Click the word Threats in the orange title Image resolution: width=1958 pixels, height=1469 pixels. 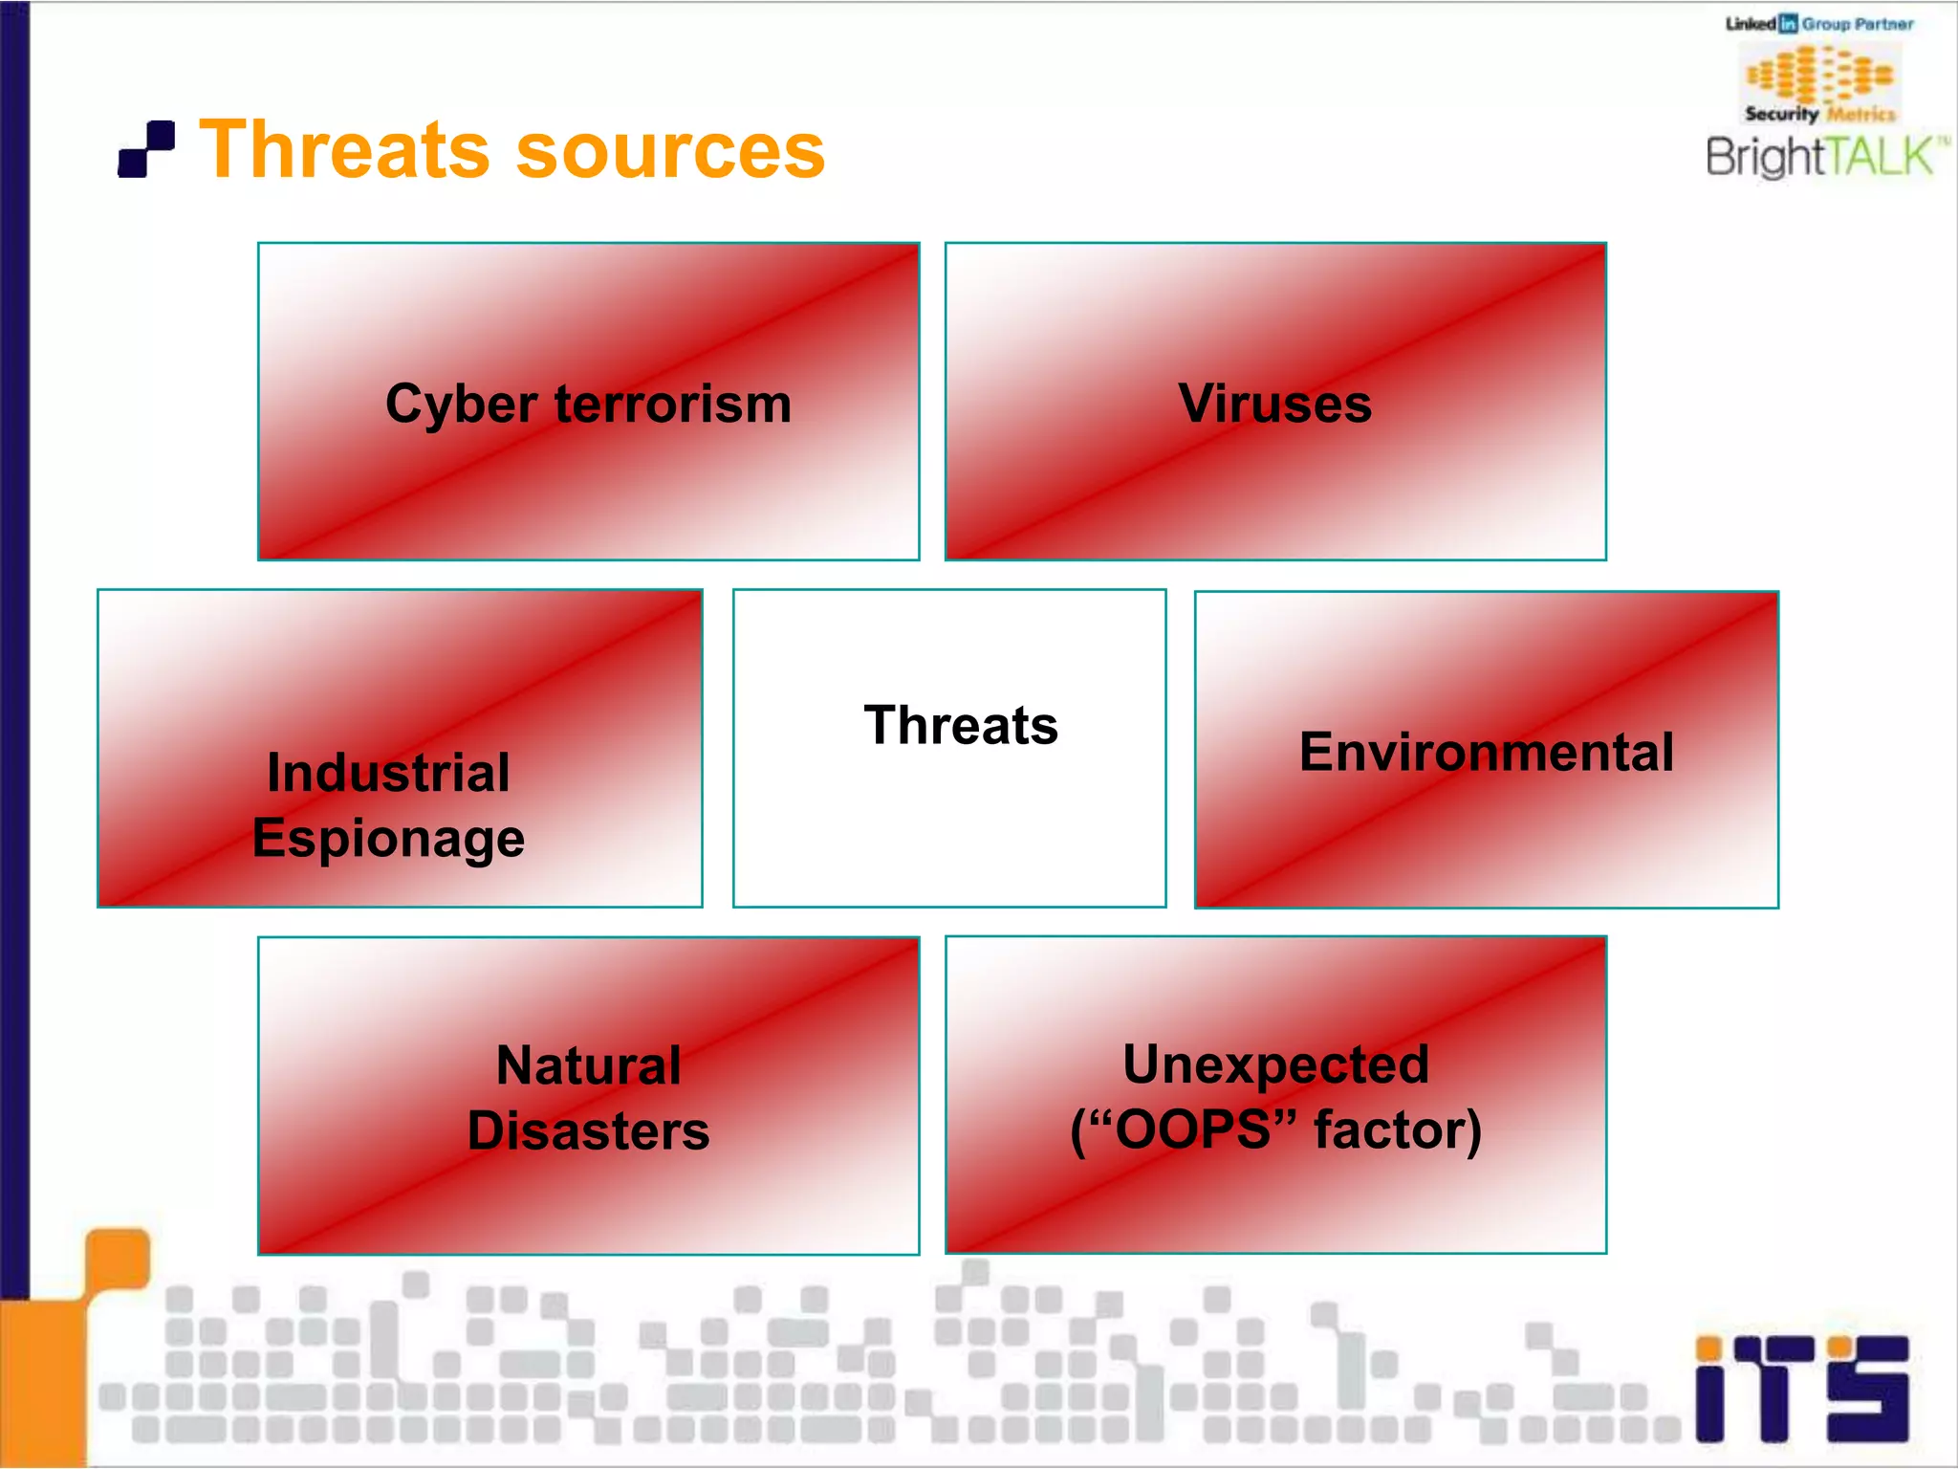click(343, 149)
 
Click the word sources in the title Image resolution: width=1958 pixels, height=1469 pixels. click(670, 151)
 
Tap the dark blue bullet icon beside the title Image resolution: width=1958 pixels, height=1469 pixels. click(146, 149)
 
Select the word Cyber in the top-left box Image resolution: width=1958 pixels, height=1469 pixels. click(461, 405)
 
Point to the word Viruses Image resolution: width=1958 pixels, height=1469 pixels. click(1274, 403)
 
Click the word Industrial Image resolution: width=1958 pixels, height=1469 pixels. click(388, 772)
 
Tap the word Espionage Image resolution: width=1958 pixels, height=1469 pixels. click(388, 839)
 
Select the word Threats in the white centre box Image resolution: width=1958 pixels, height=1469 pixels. click(961, 725)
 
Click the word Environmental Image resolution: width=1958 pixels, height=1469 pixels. click(1486, 751)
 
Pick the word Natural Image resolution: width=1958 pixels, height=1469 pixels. click(588, 1064)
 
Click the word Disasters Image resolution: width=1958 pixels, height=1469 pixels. click(588, 1130)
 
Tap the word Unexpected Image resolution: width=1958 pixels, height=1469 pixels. click(1275, 1063)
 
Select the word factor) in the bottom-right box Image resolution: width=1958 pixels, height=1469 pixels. click(1398, 1129)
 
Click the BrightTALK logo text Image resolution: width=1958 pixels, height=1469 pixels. click(1822, 156)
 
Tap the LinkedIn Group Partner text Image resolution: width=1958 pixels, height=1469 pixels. click(1819, 24)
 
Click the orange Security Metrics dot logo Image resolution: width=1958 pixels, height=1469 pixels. click(1819, 74)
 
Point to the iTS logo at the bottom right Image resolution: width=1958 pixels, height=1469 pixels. click(1801, 1389)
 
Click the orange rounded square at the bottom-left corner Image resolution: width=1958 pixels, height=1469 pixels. click(118, 1259)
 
